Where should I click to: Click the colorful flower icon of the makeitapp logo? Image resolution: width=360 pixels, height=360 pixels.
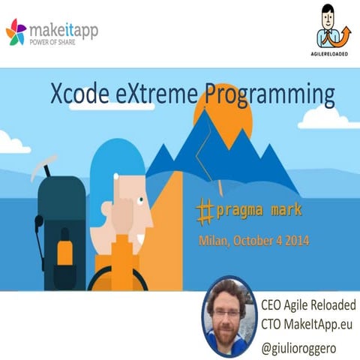16,33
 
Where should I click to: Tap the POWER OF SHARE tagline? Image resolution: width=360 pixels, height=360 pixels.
59,43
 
